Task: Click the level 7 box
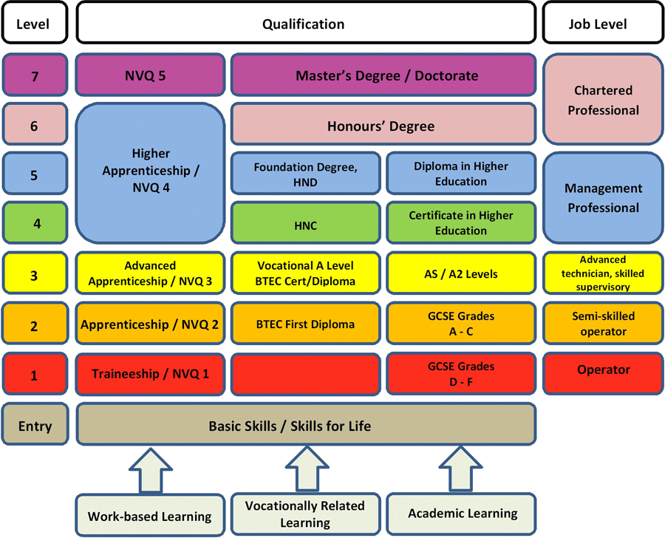click(x=35, y=75)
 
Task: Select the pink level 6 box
click(x=35, y=124)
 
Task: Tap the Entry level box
click(x=35, y=424)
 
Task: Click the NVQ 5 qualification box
click(x=150, y=75)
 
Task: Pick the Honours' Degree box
click(x=383, y=125)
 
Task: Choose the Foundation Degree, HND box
click(x=305, y=174)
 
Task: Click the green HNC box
click(x=305, y=223)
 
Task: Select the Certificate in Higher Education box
click(x=461, y=223)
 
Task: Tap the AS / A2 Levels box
click(x=461, y=273)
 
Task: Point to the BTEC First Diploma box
click(x=305, y=323)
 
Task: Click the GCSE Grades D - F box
click(x=461, y=374)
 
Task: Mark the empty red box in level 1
click(x=305, y=374)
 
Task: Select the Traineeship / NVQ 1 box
click(x=150, y=374)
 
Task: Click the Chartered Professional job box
click(x=603, y=100)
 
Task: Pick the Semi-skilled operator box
click(x=603, y=323)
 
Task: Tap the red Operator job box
click(x=603, y=373)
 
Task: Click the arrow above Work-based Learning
click(x=151, y=471)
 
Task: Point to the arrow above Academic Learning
click(x=460, y=469)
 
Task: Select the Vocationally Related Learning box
click(x=305, y=514)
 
